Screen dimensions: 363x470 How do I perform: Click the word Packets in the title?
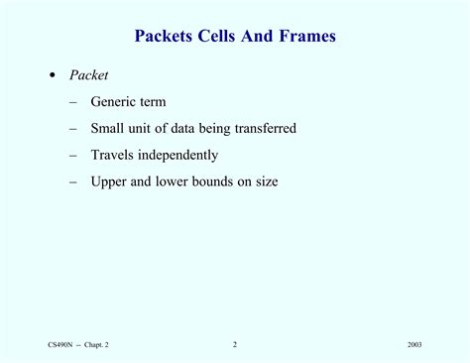click(x=164, y=37)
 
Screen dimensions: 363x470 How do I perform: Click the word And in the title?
click(x=261, y=37)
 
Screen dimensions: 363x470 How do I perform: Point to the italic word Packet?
click(x=88, y=75)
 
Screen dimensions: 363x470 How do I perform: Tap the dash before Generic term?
click(x=74, y=101)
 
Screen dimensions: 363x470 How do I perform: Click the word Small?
click(x=108, y=128)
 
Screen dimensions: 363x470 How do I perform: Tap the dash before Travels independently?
click(x=74, y=155)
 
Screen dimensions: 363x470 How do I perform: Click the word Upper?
click(x=109, y=181)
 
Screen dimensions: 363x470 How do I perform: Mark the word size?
click(x=265, y=181)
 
